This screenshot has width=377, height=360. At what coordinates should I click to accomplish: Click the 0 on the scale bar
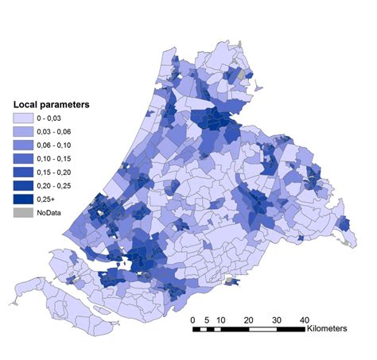(x=193, y=319)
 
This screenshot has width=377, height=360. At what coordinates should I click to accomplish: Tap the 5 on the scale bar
(x=207, y=319)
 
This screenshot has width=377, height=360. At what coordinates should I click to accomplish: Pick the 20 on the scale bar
(x=249, y=319)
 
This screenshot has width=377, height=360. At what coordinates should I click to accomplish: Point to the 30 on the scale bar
(x=277, y=319)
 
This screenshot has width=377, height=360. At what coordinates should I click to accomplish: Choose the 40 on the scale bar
(x=304, y=319)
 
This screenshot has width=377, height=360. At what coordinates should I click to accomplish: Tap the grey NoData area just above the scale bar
(x=231, y=280)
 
